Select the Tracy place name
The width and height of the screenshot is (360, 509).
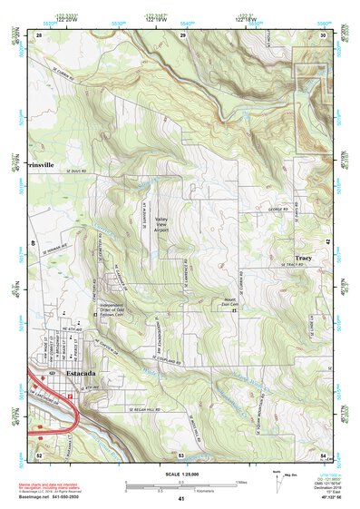(x=303, y=259)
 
